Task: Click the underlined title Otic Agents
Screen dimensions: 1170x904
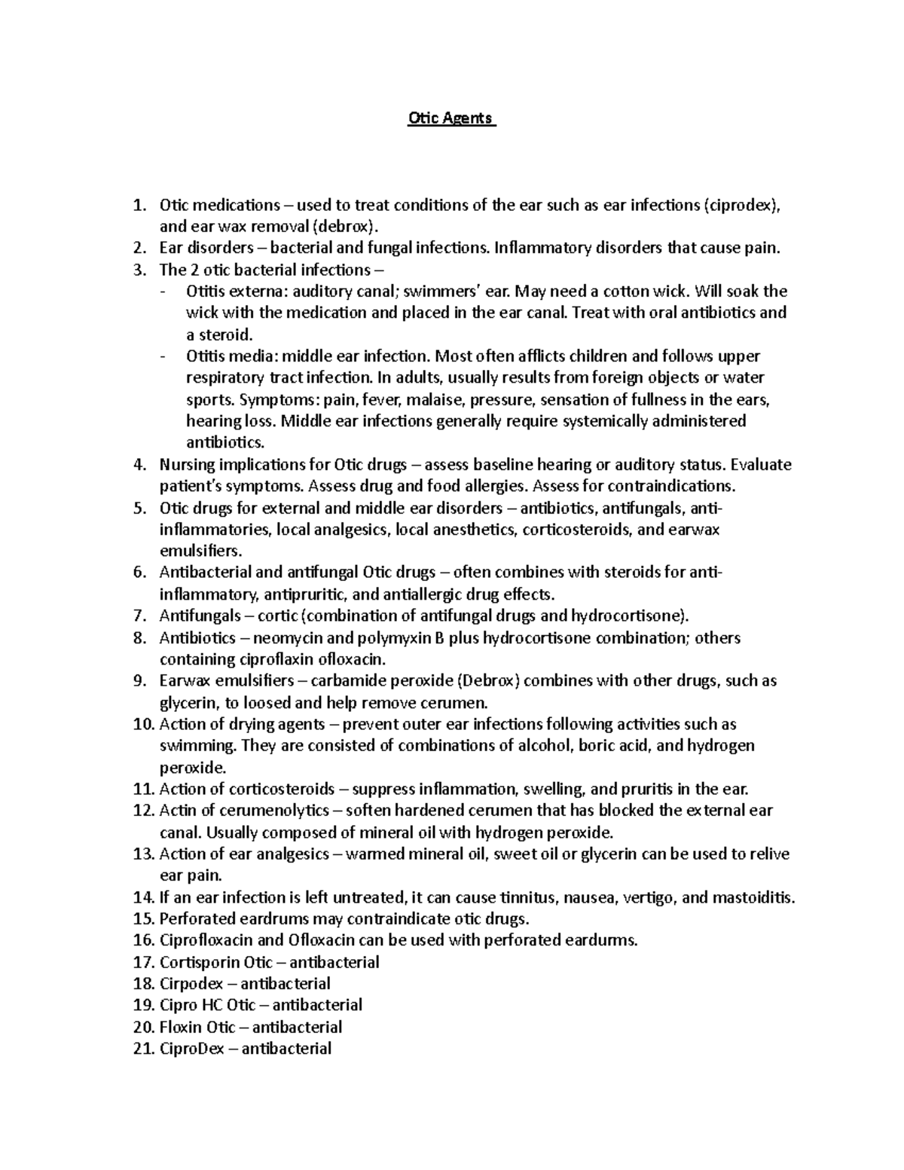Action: point(451,118)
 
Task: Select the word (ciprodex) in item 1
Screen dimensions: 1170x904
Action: point(741,206)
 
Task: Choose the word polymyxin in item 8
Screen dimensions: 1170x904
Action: point(390,638)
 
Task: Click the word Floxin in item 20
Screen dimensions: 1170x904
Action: point(181,1027)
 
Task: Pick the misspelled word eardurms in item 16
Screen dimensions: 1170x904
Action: point(603,940)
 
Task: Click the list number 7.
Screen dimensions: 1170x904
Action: point(139,616)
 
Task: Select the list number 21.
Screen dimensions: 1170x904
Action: point(142,1049)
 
